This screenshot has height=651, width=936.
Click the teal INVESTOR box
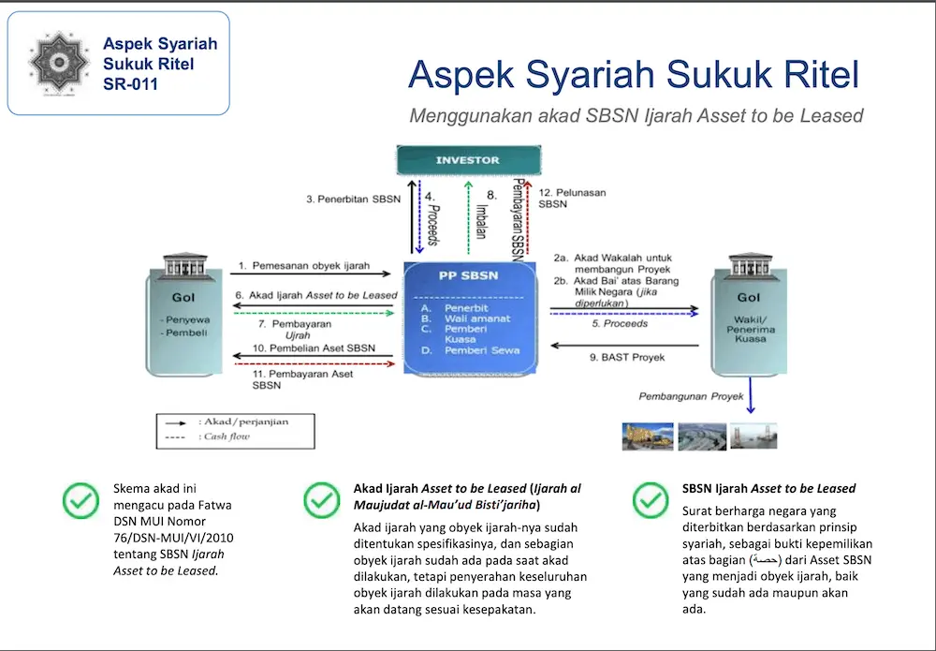468,160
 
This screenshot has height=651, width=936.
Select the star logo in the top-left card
59,62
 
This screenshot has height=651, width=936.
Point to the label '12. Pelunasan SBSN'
573,198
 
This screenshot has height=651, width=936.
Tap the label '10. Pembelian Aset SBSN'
314,348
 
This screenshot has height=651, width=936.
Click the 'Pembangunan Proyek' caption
692,396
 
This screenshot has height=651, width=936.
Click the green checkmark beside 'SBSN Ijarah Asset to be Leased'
651,500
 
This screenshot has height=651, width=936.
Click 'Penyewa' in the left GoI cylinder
185,318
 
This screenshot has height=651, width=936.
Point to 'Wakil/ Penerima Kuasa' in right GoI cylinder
749,329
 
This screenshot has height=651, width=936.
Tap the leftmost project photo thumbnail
648,436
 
